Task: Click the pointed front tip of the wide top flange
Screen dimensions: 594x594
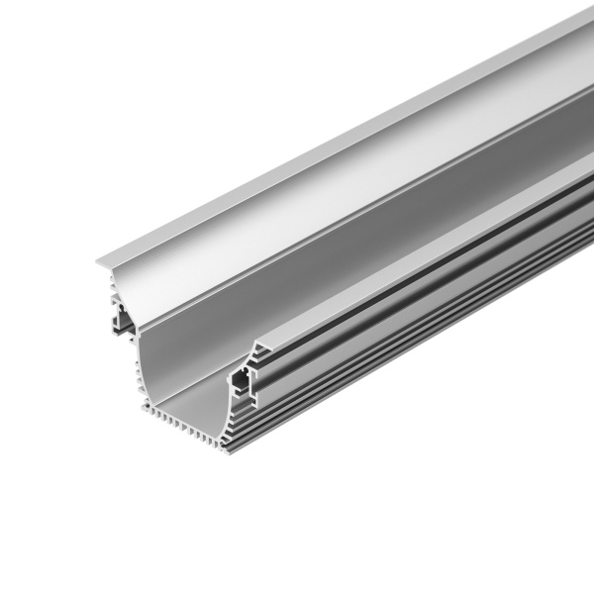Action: point(99,262)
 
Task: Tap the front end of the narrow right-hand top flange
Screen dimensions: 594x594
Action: point(255,348)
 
